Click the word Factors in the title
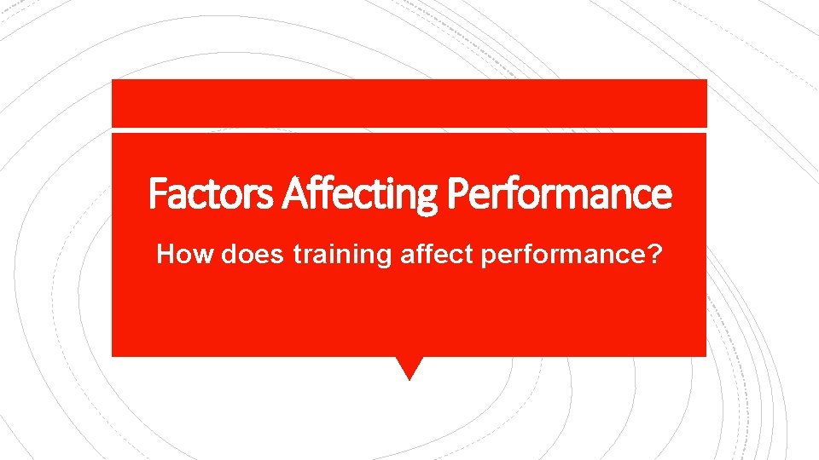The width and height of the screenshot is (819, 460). click(211, 193)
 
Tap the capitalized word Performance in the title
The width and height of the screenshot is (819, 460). click(560, 193)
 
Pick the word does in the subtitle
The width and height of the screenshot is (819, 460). click(253, 254)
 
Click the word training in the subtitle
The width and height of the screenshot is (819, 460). click(341, 255)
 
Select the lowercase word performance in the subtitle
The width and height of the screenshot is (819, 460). click(562, 255)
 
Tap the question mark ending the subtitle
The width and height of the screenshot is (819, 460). click(653, 254)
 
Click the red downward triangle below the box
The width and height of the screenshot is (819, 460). click(409, 366)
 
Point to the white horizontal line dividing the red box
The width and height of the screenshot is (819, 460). click(409, 129)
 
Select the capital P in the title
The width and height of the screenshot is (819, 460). click(457, 193)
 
